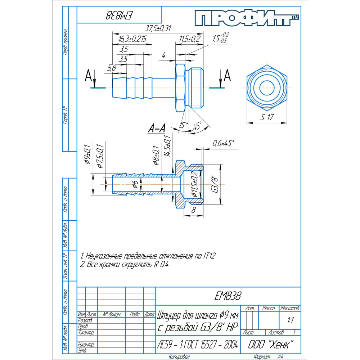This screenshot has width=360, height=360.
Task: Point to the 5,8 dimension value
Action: pyautogui.click(x=112, y=67)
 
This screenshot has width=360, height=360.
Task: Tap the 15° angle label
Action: pyautogui.click(x=184, y=125)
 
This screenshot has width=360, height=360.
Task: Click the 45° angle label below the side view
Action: pyautogui.click(x=197, y=127)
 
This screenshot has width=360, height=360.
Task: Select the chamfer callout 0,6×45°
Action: pyautogui.click(x=223, y=143)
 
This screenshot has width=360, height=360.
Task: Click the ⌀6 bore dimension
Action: pyautogui.click(x=135, y=184)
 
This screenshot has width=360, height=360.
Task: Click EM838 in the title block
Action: pyautogui.click(x=228, y=296)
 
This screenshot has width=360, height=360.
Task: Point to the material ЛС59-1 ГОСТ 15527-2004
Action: pyautogui.click(x=197, y=345)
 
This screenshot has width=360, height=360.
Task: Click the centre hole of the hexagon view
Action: pyautogui.click(x=267, y=87)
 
